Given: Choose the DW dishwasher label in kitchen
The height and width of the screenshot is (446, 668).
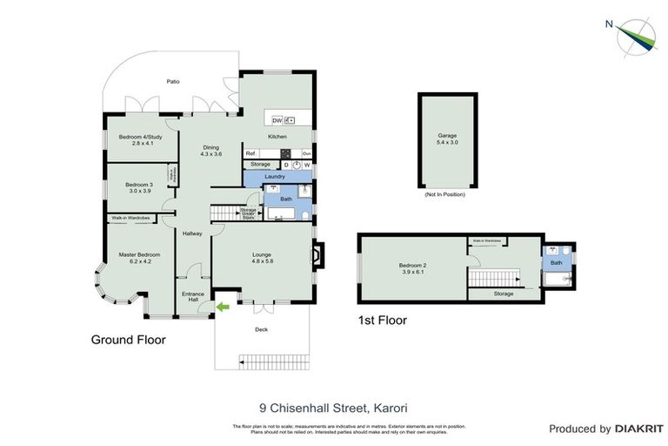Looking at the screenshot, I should click(x=277, y=120).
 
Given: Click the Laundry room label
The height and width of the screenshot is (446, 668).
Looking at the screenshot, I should click(x=275, y=177).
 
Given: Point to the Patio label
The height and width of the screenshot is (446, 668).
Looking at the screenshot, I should click(x=173, y=82).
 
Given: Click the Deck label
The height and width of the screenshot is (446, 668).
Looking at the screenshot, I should click(x=261, y=330).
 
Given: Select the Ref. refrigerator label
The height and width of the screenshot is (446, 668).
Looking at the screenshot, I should click(x=250, y=153).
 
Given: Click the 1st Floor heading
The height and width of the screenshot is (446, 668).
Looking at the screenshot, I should click(x=382, y=321).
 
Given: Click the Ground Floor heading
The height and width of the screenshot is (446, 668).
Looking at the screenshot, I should click(x=128, y=340).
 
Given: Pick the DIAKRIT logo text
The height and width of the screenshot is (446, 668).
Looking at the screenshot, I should click(x=639, y=429).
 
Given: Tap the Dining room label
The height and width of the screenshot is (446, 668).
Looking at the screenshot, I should click(x=211, y=150).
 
